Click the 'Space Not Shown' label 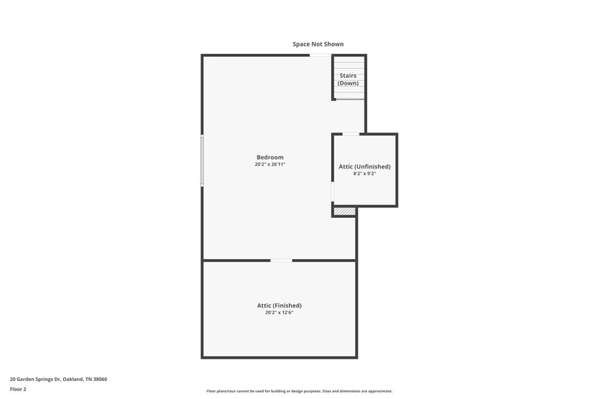click(x=318, y=44)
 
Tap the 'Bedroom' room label click(x=270, y=157)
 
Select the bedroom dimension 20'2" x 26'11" click(x=270, y=165)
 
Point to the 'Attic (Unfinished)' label click(x=365, y=166)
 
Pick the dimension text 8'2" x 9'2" click(x=365, y=174)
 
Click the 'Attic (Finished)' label click(x=279, y=305)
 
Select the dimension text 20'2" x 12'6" click(x=279, y=313)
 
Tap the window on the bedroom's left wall click(x=201, y=160)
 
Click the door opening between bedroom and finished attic click(x=282, y=261)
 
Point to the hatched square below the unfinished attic click(x=344, y=212)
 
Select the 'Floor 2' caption click(x=18, y=389)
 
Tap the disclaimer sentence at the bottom click(x=299, y=391)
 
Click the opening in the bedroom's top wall click(x=320, y=55)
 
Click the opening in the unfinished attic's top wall click(x=350, y=134)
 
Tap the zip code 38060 click(x=100, y=380)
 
